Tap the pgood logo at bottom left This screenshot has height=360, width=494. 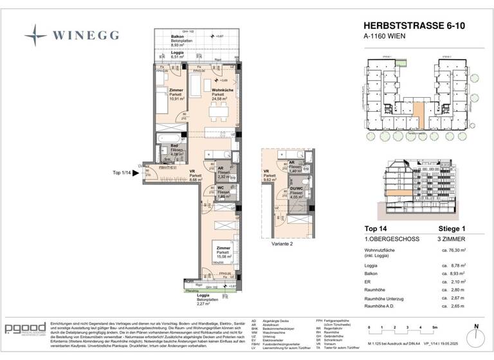(x=25, y=329)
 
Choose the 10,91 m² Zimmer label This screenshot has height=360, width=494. (x=176, y=94)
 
